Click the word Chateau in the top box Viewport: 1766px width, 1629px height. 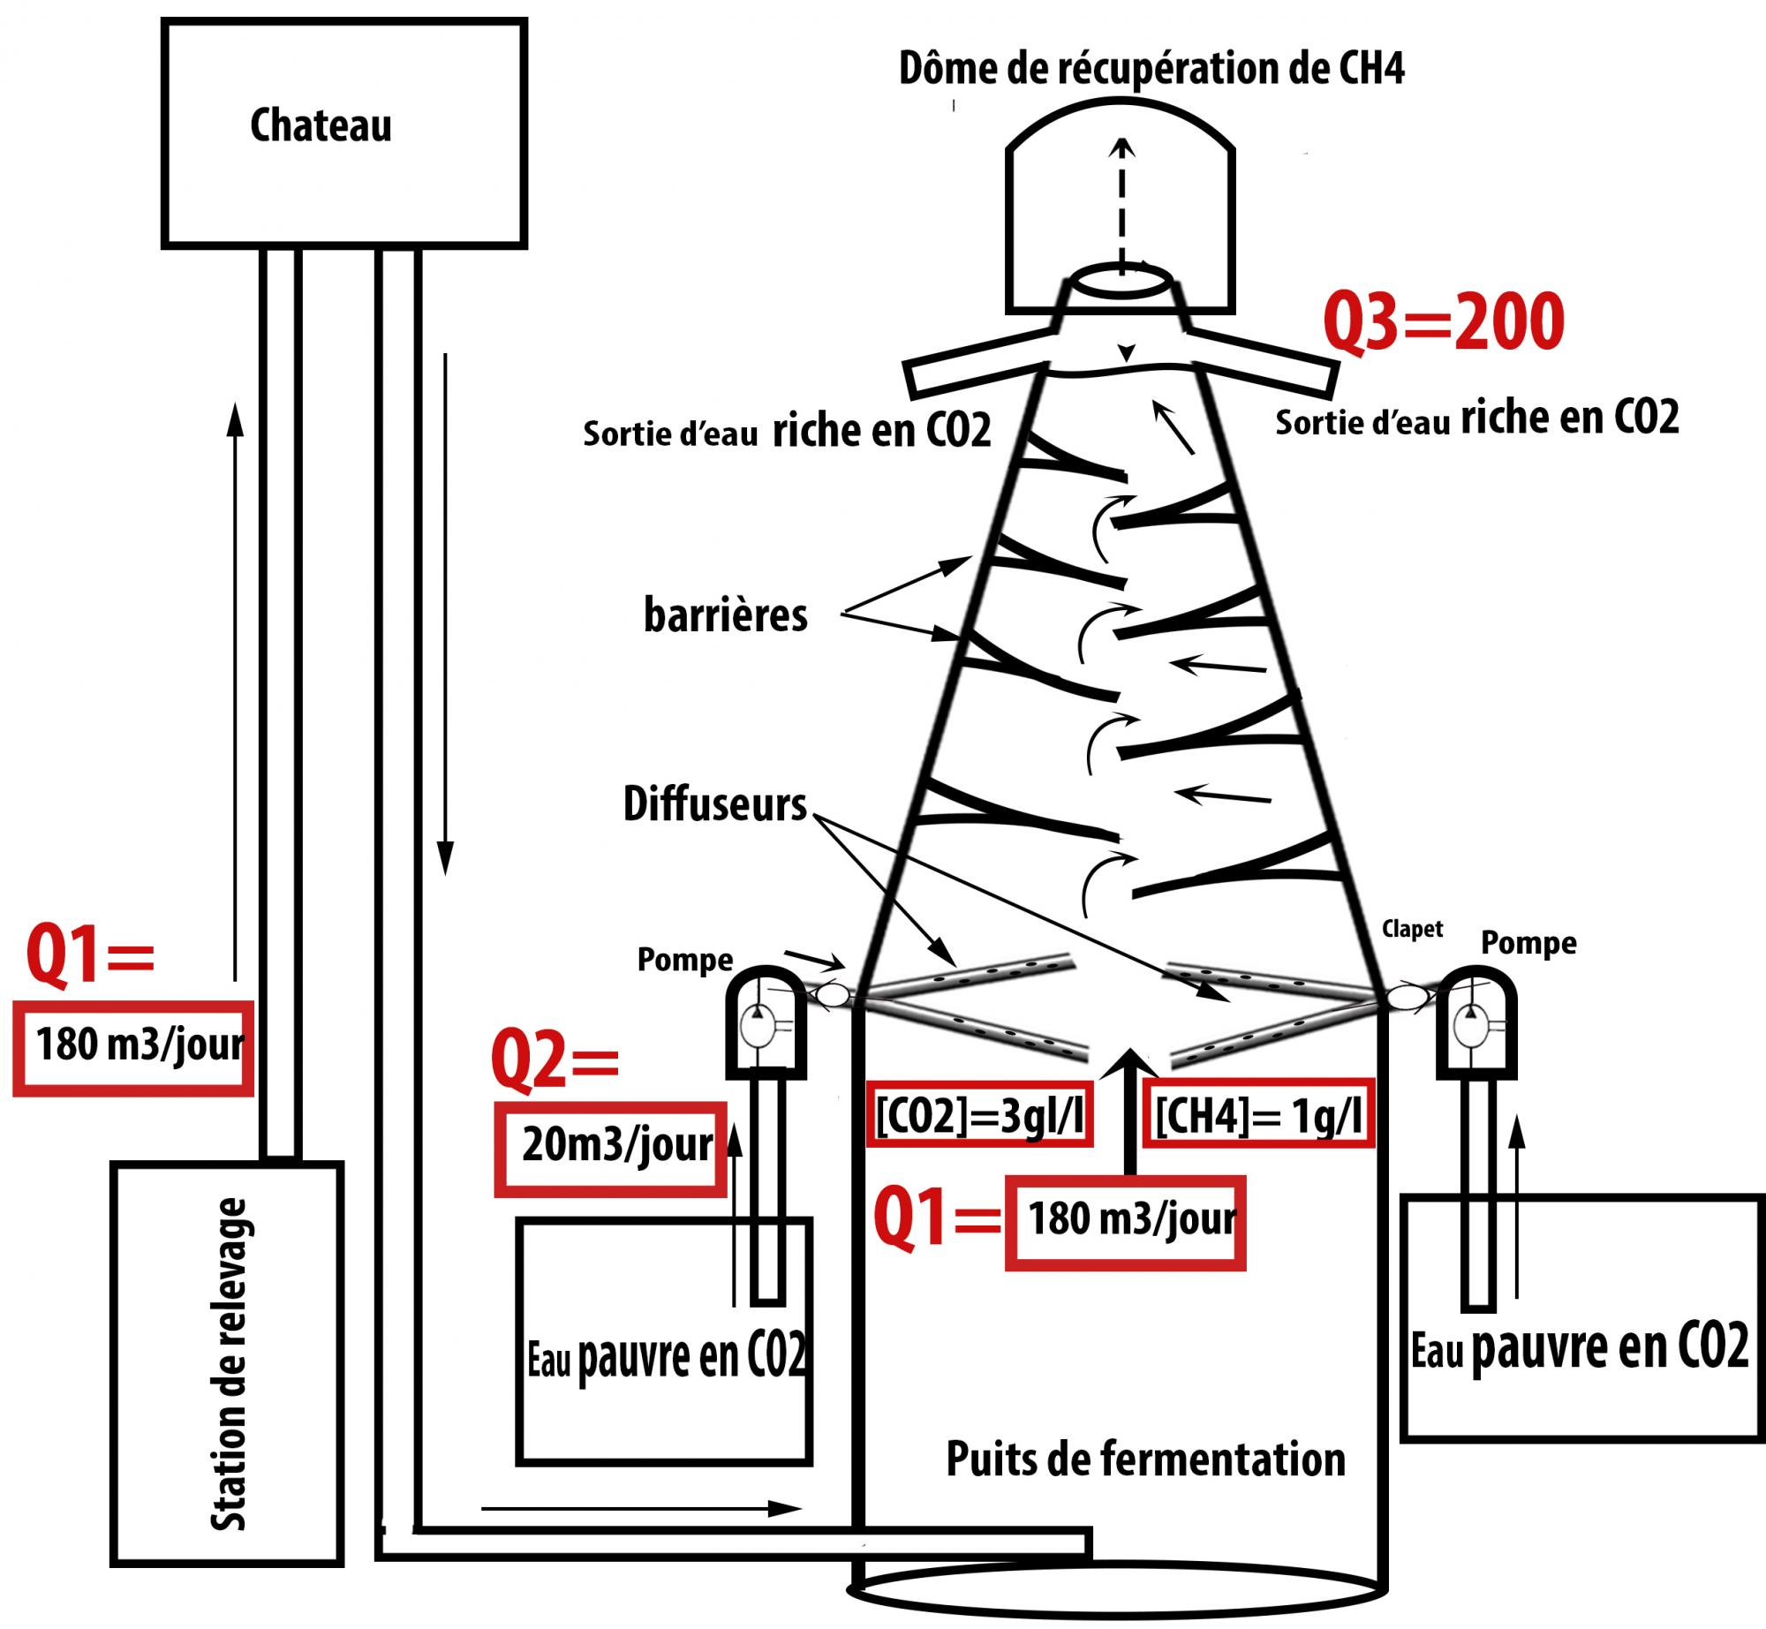point(321,126)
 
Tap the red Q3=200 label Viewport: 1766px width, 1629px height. point(1443,323)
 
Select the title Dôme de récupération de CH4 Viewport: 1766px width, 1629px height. point(1151,69)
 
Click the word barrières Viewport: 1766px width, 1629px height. point(725,615)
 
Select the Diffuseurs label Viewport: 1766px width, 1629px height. point(715,804)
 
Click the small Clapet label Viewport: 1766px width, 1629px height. point(1413,929)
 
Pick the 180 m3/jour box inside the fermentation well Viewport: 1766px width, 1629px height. point(1126,1223)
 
